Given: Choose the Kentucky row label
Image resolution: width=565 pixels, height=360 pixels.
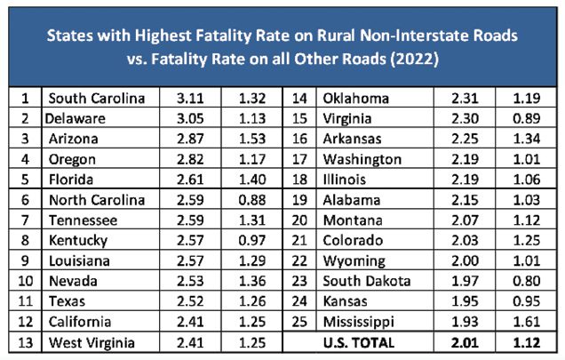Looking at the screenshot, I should click(79, 240).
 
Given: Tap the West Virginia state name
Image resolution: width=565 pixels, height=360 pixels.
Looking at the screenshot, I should click(91, 341).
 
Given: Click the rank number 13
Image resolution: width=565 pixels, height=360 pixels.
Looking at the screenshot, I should click(28, 341).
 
